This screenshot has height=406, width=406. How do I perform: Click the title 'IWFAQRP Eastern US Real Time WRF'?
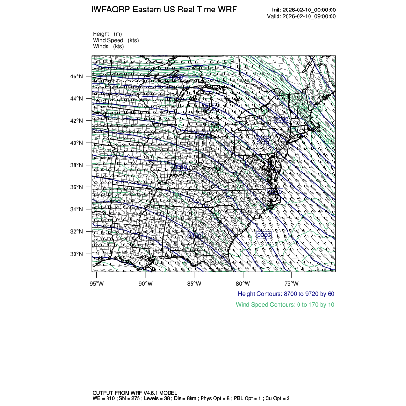(x=163, y=10)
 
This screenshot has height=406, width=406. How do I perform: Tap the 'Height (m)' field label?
(x=107, y=34)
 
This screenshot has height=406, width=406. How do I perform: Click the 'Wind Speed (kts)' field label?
(x=116, y=40)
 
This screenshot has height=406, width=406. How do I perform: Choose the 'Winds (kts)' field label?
(x=108, y=46)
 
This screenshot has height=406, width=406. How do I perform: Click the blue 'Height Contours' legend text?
(x=286, y=294)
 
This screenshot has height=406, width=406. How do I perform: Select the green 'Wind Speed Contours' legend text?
(x=285, y=305)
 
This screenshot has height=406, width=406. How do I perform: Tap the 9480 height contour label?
(x=194, y=235)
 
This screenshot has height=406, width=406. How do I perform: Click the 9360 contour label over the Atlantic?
(x=264, y=235)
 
